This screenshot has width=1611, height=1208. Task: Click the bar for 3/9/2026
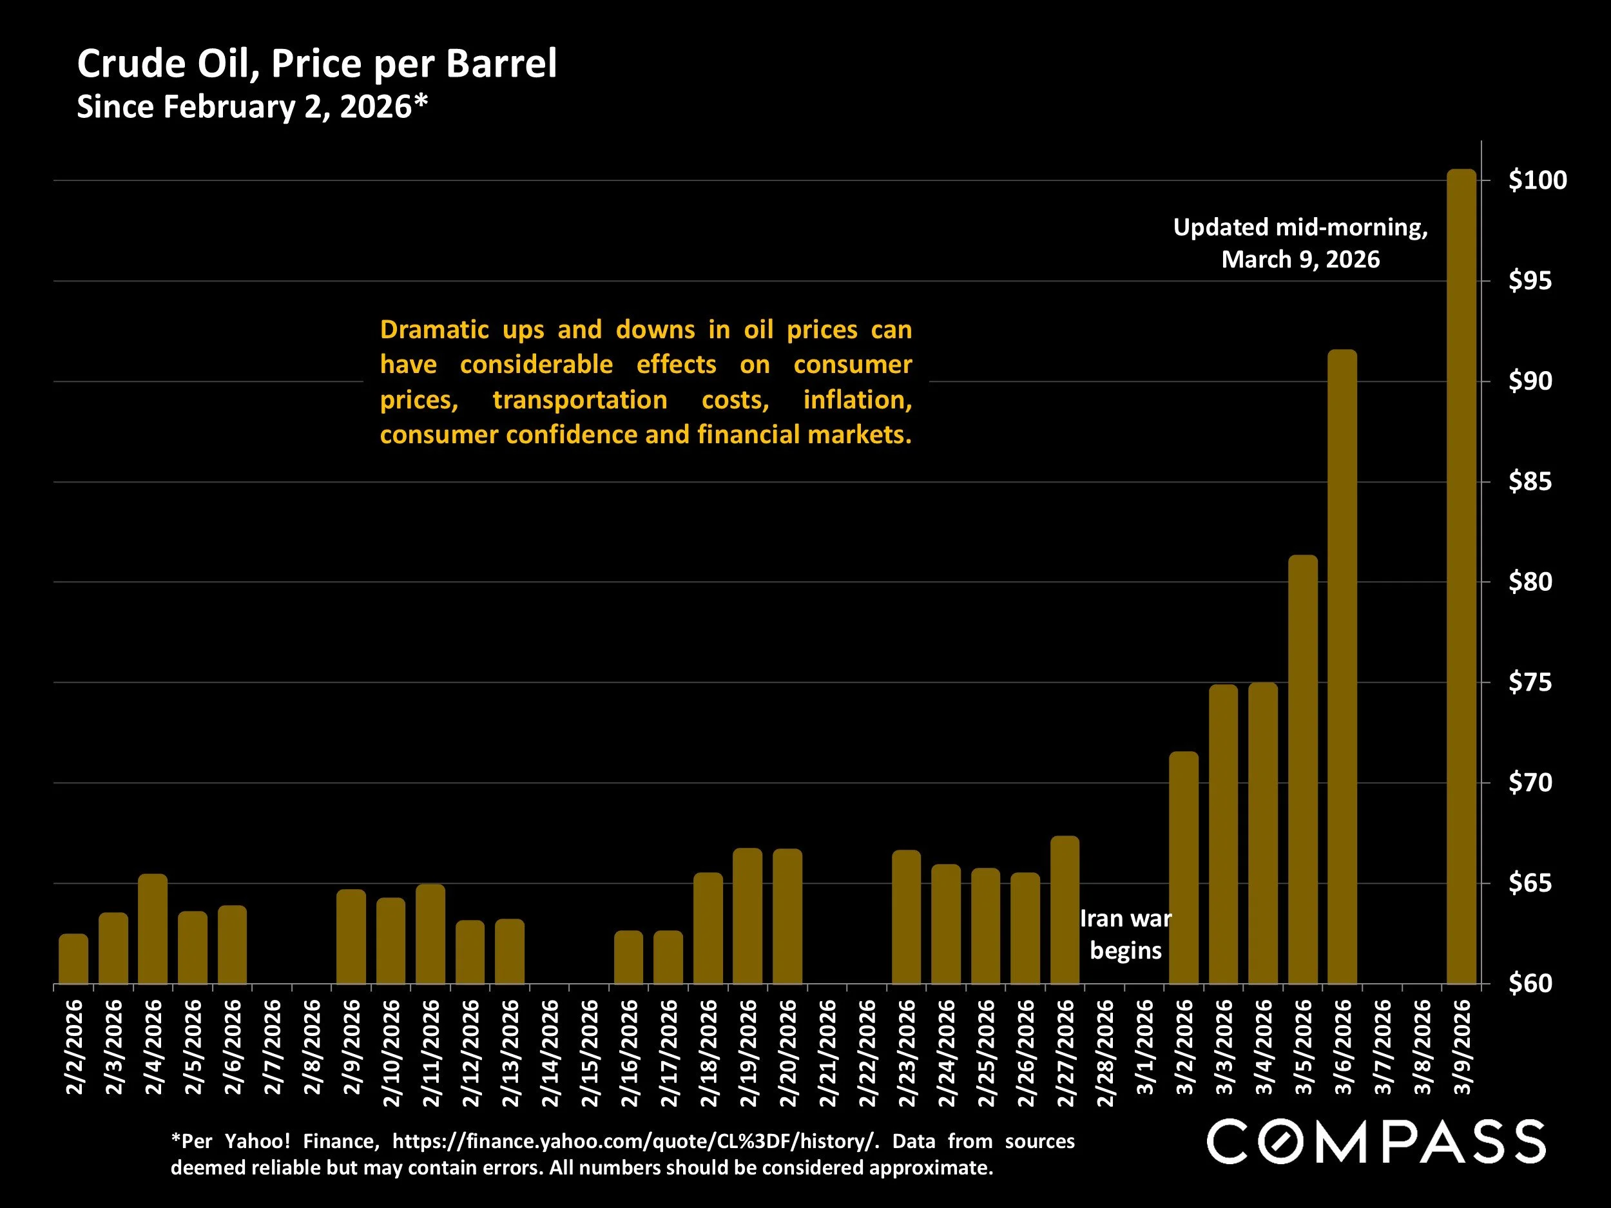pyautogui.click(x=1461, y=575)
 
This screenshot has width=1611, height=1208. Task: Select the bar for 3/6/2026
pyautogui.click(x=1342, y=666)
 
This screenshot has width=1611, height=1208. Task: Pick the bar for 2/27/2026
pyautogui.click(x=1065, y=910)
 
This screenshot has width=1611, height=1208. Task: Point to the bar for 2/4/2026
pyautogui.click(x=153, y=928)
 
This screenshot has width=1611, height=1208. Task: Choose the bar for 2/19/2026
pyautogui.click(x=748, y=916)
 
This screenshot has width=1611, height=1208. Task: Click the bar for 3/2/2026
pyautogui.click(x=1184, y=867)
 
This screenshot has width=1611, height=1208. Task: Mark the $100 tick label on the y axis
pyautogui.click(x=1537, y=180)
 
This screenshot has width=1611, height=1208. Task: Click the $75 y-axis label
pyautogui.click(x=1529, y=682)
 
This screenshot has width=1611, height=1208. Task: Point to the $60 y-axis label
pyautogui.click(x=1529, y=984)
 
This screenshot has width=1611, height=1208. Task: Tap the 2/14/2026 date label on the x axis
pyautogui.click(x=550, y=1053)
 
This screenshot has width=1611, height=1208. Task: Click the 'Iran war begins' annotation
pyautogui.click(x=1125, y=934)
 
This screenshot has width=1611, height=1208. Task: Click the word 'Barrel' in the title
pyautogui.click(x=501, y=63)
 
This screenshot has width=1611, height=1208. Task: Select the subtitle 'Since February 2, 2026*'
pyautogui.click(x=252, y=107)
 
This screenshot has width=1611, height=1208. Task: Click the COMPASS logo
pyautogui.click(x=1376, y=1142)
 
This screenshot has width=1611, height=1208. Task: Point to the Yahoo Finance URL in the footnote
pyautogui.click(x=632, y=1141)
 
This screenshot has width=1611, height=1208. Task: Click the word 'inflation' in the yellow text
pyautogui.click(x=856, y=399)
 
